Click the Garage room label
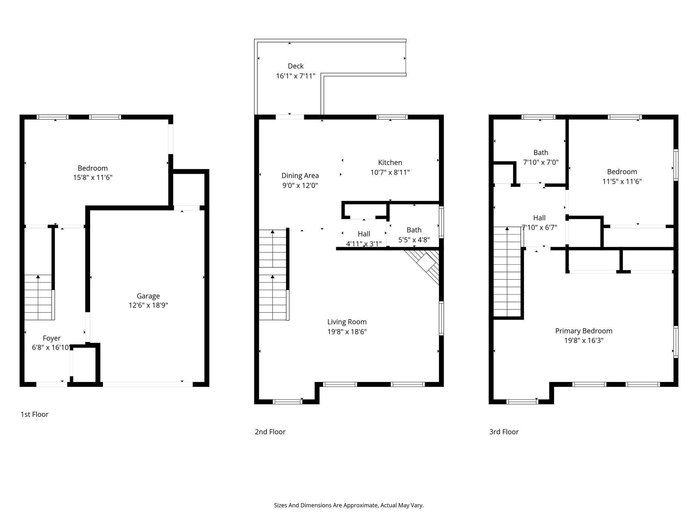148,296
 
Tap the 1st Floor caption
34,414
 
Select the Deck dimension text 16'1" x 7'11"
295,76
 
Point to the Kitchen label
390,162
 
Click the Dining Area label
300,176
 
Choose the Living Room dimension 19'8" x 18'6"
347,332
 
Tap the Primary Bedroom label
583,331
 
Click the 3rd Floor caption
504,432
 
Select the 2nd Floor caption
270,432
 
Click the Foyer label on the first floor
51,338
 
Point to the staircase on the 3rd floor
507,272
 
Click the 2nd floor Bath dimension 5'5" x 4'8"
414,240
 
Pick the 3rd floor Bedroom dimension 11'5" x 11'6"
622,181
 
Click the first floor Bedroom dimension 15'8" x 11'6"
93,177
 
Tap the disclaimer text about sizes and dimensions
349,505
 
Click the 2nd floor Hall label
364,234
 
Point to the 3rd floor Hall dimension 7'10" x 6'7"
539,227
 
